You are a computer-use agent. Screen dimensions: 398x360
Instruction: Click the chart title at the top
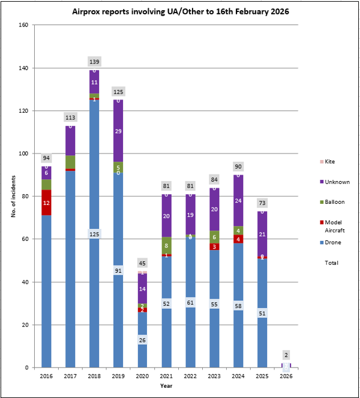click(x=179, y=11)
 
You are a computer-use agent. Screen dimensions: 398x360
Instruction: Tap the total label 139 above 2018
click(x=94, y=62)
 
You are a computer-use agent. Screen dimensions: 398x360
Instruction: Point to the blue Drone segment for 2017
click(x=70, y=270)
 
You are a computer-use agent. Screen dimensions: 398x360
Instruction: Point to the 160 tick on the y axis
click(x=23, y=25)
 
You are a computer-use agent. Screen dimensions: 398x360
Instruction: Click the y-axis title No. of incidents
click(x=14, y=197)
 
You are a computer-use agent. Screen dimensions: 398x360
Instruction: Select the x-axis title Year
click(x=166, y=387)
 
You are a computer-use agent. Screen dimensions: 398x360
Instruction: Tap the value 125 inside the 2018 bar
click(x=94, y=233)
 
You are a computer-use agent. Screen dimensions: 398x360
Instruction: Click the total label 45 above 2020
click(x=142, y=263)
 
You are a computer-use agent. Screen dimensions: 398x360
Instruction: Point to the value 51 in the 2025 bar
click(x=262, y=313)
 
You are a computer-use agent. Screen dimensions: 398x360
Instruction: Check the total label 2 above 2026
click(x=286, y=355)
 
